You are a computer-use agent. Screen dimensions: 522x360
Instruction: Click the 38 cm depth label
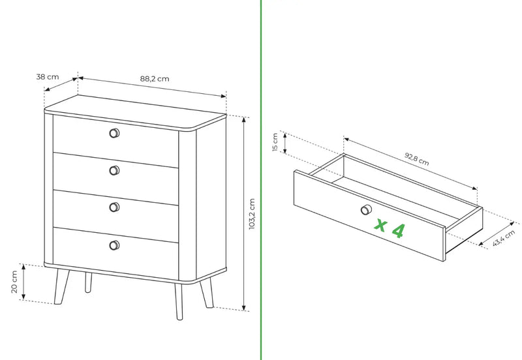pyautogui.click(x=48, y=77)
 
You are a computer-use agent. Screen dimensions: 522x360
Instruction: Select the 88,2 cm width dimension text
pyautogui.click(x=155, y=79)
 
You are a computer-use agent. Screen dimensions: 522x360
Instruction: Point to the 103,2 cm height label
pyautogui.click(x=252, y=214)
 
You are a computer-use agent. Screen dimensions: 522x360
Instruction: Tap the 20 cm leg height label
pyautogui.click(x=14, y=282)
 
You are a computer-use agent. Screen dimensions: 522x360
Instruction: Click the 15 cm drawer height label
pyautogui.click(x=275, y=142)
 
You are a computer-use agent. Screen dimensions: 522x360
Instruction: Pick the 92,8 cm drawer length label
pyautogui.click(x=417, y=159)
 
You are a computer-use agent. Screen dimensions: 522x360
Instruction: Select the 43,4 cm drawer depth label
pyautogui.click(x=503, y=238)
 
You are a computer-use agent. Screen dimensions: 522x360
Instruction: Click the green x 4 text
pyautogui.click(x=390, y=228)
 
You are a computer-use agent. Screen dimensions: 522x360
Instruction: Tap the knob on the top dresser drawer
pyautogui.click(x=114, y=133)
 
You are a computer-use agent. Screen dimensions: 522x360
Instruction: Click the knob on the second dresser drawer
pyautogui.click(x=114, y=170)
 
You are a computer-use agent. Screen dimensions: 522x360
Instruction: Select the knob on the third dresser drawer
pyautogui.click(x=114, y=207)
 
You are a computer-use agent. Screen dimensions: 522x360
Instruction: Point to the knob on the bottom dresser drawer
pyautogui.click(x=114, y=245)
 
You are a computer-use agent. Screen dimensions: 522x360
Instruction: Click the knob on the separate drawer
pyautogui.click(x=366, y=209)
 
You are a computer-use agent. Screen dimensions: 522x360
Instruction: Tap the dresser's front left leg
pyautogui.click(x=61, y=286)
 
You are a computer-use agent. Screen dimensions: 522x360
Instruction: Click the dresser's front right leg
pyautogui.click(x=179, y=301)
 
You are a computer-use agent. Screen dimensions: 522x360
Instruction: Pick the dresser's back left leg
pyautogui.click(x=88, y=282)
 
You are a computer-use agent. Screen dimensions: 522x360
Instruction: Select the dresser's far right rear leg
pyautogui.click(x=207, y=293)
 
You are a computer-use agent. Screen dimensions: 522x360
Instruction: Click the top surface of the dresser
pyautogui.click(x=135, y=112)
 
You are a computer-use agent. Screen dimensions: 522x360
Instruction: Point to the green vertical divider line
pyautogui.click(x=261, y=180)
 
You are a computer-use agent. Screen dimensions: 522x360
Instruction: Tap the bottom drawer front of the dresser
pyautogui.click(x=116, y=253)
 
